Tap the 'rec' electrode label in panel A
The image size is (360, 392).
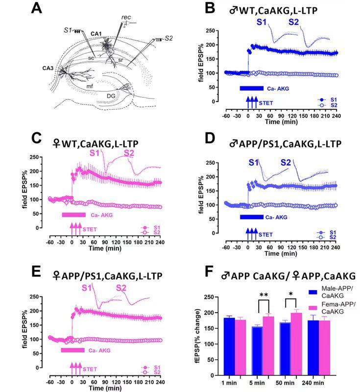pyautogui.click(x=126, y=18)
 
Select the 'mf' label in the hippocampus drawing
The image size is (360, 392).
pyautogui.click(x=76, y=86)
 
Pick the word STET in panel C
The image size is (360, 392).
pyautogui.click(x=90, y=229)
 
